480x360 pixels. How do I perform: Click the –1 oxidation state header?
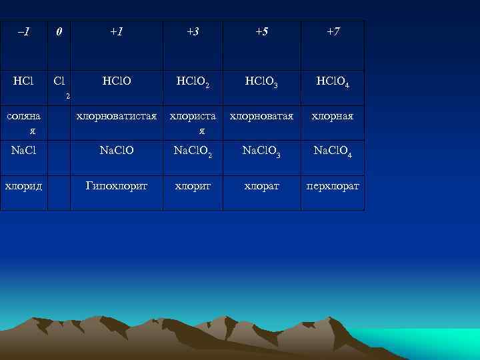coord(23,32)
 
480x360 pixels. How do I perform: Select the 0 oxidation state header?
coord(59,32)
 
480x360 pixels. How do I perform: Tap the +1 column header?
coord(117,32)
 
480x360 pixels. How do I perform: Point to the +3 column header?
coord(193,32)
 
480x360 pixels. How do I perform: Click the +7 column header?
coord(333,32)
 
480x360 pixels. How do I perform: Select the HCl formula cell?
coord(23,81)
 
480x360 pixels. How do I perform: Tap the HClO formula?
coord(117,81)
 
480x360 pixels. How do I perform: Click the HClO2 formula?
coord(193,83)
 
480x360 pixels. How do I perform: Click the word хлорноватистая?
coord(117,116)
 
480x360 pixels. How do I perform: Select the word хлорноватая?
coord(262,116)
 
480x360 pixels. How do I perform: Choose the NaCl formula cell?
coord(23,151)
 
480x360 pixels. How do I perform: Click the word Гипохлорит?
coord(117,185)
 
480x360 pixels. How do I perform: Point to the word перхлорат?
coord(333,186)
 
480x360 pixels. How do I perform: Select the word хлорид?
coord(23,185)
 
